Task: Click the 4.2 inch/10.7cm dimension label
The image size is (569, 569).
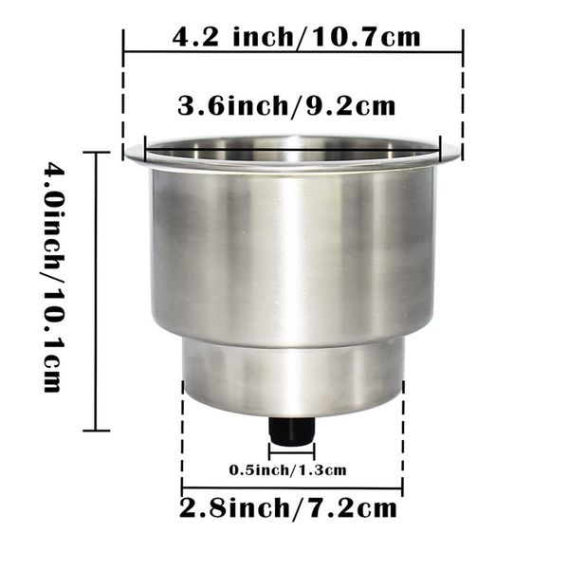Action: [296, 37]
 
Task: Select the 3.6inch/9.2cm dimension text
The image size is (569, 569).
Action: [286, 105]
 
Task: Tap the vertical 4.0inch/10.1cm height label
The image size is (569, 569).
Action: [54, 277]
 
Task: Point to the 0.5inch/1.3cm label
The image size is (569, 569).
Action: [287, 470]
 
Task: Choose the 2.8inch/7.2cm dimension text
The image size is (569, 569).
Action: [288, 508]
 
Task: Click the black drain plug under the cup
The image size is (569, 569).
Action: [291, 431]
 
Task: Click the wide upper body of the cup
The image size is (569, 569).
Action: [292, 254]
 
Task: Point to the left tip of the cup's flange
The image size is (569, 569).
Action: [125, 156]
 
